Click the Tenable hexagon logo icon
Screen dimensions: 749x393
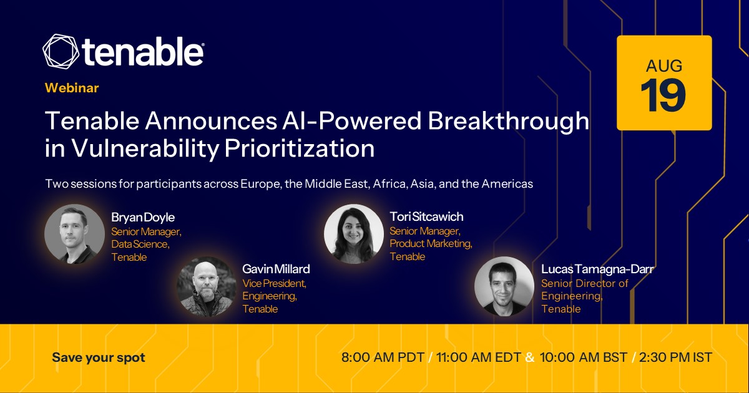61,51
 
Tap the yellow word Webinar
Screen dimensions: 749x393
72,88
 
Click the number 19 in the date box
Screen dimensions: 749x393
663,96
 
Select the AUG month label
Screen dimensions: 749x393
664,66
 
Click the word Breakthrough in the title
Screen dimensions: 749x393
508,121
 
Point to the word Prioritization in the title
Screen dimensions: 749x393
300,148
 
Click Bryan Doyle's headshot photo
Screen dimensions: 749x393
74,234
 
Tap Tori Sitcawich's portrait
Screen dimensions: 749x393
354,234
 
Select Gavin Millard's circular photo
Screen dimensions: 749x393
207,286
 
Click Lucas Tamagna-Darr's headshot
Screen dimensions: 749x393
504,286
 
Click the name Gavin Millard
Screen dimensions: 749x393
276,269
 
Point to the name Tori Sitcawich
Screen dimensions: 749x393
426,217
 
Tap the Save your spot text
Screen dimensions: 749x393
99,357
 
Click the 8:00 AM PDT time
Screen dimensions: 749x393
383,357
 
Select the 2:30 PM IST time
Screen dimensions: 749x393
675,357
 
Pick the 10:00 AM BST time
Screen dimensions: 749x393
583,357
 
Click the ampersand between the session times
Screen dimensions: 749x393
530,357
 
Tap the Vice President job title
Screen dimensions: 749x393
274,283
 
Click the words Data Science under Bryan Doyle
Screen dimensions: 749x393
140,245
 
